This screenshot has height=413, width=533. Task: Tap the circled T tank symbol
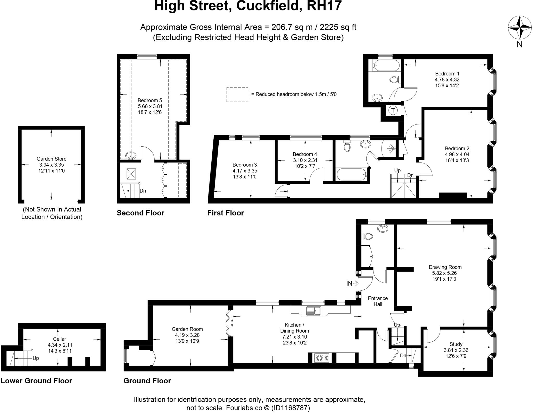[x=393, y=110]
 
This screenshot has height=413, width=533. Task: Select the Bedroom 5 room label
[x=150, y=100]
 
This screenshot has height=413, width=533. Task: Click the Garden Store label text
[x=52, y=159]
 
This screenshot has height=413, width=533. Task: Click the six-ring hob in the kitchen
[x=322, y=358]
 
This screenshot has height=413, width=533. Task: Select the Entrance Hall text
[x=378, y=301]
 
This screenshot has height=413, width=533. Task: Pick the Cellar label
[x=59, y=339]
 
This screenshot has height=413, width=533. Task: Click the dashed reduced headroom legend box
[x=237, y=95]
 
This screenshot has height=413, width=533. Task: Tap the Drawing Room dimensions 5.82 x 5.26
[x=445, y=273]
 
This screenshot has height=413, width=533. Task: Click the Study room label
[x=456, y=344]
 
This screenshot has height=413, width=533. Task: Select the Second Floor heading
[x=140, y=213]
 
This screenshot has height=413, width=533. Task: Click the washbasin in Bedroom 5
[x=130, y=155]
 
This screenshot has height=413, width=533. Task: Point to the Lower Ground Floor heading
[x=36, y=381]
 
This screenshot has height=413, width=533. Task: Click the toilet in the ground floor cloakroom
[x=367, y=236]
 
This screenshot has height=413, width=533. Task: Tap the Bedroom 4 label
[x=305, y=154]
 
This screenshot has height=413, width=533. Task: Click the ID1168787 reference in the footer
[x=290, y=408]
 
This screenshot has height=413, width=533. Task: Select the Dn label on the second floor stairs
[x=143, y=191]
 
